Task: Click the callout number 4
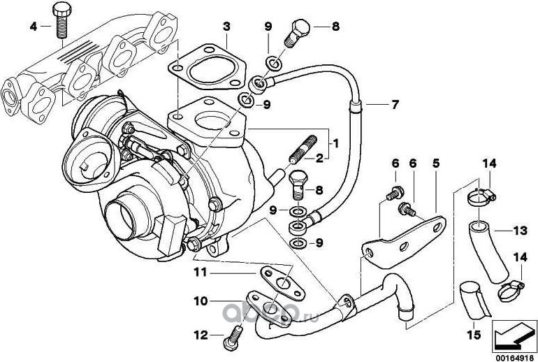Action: (x=32, y=27)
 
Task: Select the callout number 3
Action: (x=226, y=27)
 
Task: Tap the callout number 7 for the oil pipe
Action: (x=395, y=106)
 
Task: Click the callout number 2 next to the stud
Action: (x=319, y=158)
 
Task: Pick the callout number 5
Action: (x=435, y=163)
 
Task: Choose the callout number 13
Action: (x=519, y=229)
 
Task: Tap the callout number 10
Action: (x=199, y=302)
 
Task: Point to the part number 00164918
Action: (x=512, y=354)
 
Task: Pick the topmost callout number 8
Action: (x=335, y=27)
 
